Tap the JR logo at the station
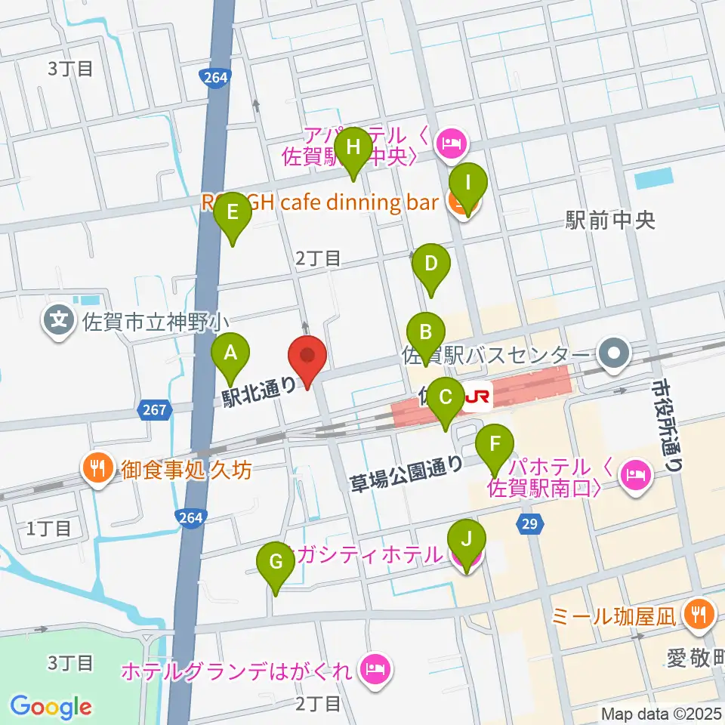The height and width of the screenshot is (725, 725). click(x=477, y=395)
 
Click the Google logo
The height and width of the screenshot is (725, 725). click(x=51, y=706)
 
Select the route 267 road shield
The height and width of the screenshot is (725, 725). click(x=153, y=409)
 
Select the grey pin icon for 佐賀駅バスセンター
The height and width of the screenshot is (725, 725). click(x=613, y=352)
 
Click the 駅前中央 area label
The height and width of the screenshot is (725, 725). click(x=609, y=221)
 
